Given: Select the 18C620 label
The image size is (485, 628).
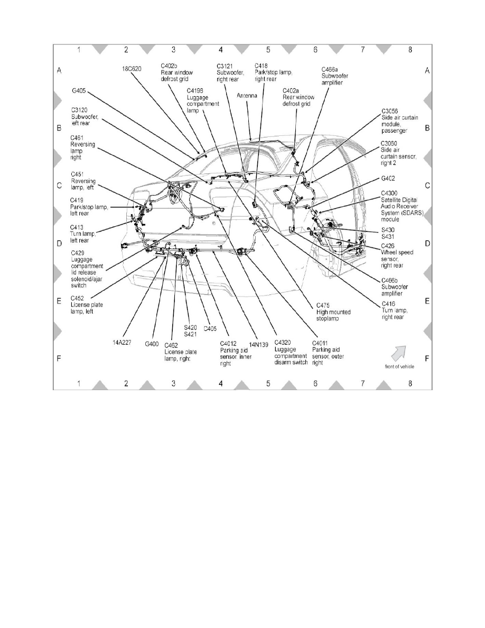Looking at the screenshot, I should pos(132,69).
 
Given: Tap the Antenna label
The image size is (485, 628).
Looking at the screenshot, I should pos(247,96).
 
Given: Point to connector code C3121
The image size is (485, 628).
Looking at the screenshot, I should pos(226,66).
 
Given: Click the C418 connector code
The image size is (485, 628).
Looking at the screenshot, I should pos(262,66).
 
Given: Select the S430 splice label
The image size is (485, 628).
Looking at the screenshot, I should pos(388,230).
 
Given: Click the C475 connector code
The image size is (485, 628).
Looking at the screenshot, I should pos(323,305).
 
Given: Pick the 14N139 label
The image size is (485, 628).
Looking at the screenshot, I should pos(258,345).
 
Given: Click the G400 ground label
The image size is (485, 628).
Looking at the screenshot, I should pos(153,344).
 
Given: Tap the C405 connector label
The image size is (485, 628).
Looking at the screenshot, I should pos(211,328).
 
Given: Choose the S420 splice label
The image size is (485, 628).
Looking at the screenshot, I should pos(191,327).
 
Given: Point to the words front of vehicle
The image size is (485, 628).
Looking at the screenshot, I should pos(399,366).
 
